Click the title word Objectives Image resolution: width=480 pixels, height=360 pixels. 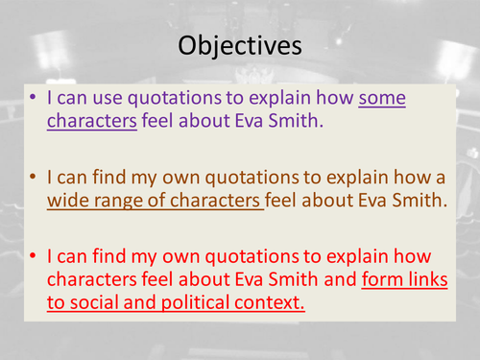pos(239,45)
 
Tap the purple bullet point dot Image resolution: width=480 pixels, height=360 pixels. pos(36,99)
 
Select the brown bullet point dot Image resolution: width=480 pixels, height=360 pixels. pos(36,180)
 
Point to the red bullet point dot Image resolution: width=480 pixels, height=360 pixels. pos(36,258)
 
